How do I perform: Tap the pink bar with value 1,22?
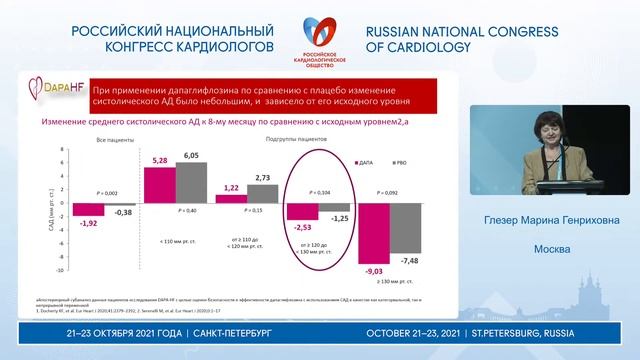point(230,198)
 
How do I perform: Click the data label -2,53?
point(302,226)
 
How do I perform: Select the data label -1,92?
point(88,222)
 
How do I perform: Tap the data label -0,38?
point(123,213)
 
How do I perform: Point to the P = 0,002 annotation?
point(105,190)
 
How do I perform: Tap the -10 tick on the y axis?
point(61,270)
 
